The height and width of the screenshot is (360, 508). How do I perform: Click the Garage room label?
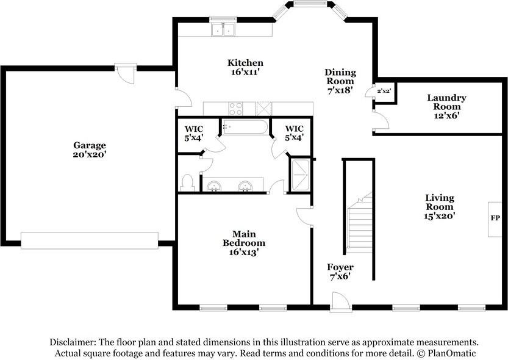point(90,149)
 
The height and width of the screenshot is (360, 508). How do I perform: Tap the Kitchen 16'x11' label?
point(245,67)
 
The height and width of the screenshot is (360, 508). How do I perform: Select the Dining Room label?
point(340,81)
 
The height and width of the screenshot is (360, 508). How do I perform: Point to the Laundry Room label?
point(446,106)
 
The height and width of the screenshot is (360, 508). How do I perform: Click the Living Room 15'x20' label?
point(440,206)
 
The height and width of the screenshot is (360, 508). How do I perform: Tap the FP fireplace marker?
point(495,218)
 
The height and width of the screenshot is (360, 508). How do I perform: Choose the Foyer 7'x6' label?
point(340,272)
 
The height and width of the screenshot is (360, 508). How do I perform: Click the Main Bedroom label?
point(244,243)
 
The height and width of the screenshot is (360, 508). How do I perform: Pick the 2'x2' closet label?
point(384,91)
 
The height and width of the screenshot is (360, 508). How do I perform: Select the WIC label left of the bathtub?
point(194,133)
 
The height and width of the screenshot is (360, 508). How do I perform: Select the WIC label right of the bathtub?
point(294,133)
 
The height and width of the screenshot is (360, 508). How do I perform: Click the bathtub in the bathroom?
point(245,127)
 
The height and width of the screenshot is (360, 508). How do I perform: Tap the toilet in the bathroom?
point(188,183)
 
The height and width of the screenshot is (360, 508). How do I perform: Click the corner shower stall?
point(301,175)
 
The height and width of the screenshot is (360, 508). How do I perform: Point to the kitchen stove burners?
point(235,109)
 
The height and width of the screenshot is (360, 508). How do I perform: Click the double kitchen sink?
point(223,30)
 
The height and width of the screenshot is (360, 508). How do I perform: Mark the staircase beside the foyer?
point(359,223)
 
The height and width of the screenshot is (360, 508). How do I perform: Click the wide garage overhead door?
point(90,240)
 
